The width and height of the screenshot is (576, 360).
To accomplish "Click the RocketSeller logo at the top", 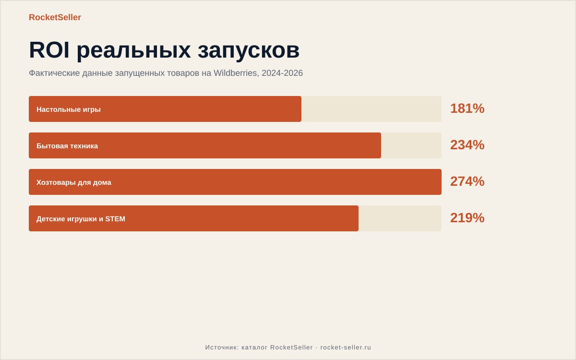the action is (x=55, y=17).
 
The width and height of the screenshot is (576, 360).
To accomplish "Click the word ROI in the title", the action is (x=49, y=50).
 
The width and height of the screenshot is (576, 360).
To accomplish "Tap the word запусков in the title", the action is (x=249, y=51).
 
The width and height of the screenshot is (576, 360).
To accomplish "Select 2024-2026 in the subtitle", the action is (x=282, y=73).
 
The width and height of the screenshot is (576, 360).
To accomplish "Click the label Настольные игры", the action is (x=68, y=109).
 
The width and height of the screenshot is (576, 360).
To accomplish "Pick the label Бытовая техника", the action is (x=67, y=146).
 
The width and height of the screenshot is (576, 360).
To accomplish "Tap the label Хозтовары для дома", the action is (x=74, y=182).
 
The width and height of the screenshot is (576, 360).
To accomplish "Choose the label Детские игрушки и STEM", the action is (x=81, y=219).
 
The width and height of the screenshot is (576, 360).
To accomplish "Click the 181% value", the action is (x=467, y=108).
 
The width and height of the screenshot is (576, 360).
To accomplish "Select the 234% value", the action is (x=467, y=145).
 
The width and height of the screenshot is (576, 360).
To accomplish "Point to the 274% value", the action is (x=467, y=181).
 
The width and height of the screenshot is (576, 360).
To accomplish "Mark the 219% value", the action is (x=467, y=218).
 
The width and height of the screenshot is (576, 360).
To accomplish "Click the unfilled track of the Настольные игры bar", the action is (x=372, y=109).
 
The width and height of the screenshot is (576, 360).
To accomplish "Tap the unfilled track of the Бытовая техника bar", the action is (x=411, y=145).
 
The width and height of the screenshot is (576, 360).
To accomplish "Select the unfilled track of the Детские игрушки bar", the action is (x=400, y=218).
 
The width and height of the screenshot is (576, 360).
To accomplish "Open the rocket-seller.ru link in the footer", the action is (x=346, y=348).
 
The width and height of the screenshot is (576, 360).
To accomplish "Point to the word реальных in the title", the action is (x=134, y=51).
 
